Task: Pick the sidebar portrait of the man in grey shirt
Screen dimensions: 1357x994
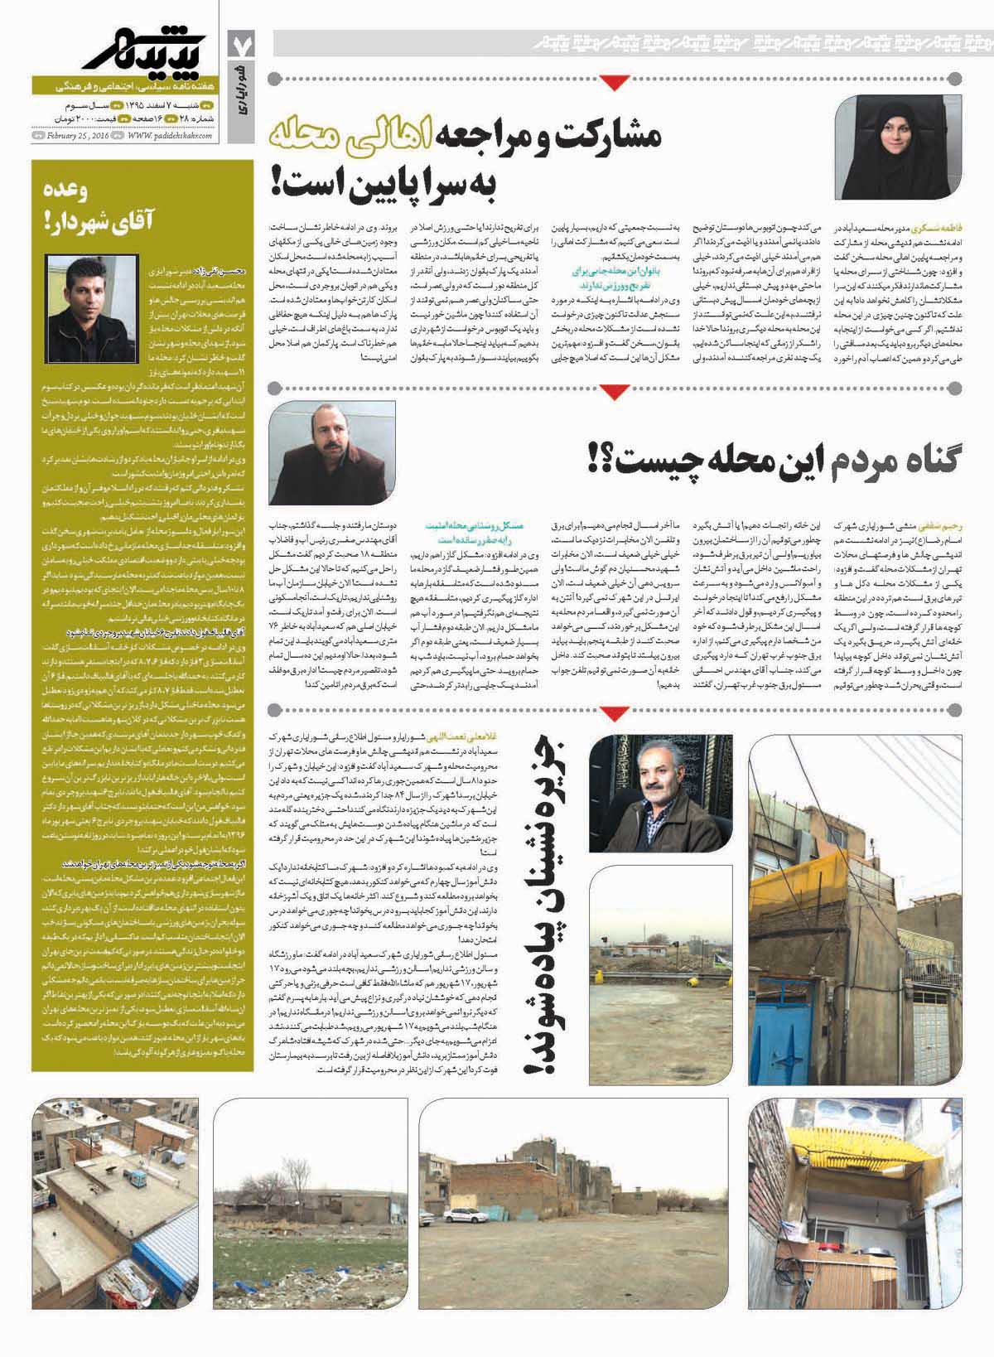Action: click(x=78, y=287)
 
